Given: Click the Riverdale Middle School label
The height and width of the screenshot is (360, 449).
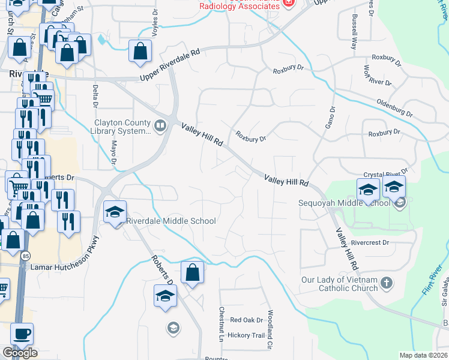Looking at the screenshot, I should pyautogui.click(x=171, y=221).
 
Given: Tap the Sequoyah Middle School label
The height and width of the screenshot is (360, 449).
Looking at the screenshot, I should pyautogui.click(x=345, y=203).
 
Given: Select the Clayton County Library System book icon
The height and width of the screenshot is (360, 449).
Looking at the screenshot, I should pyautogui.click(x=160, y=125).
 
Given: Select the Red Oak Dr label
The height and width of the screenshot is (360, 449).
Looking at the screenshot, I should pyautogui.click(x=243, y=320).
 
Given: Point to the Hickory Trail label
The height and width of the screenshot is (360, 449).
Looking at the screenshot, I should pyautogui.click(x=246, y=335).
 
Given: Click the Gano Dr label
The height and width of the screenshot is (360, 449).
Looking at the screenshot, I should pyautogui.click(x=331, y=116).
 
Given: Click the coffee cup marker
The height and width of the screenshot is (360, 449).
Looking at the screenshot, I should pyautogui.click(x=22, y=335).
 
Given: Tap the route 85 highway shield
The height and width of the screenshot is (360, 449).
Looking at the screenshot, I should pyautogui.click(x=25, y=256).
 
